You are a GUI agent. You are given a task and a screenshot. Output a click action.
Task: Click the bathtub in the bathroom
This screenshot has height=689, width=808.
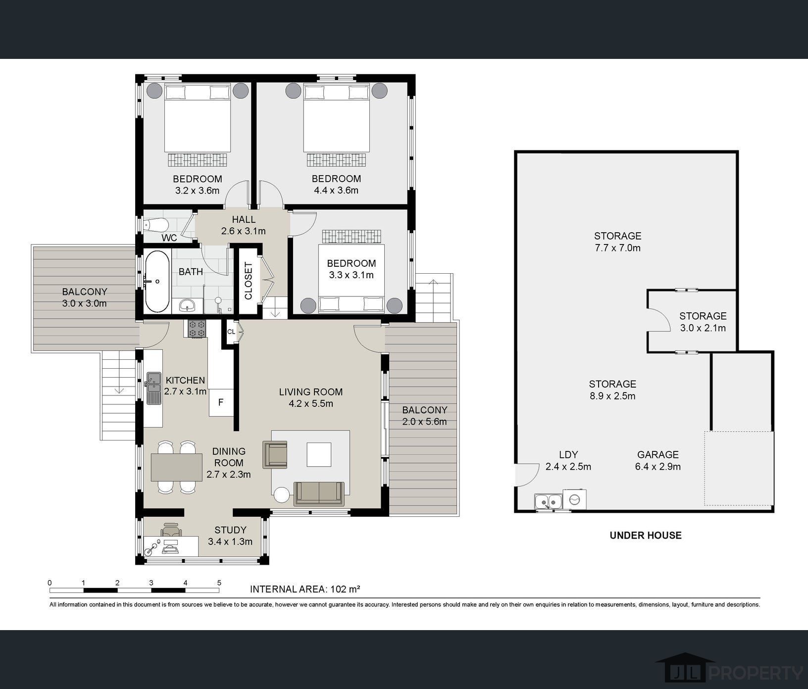(157, 281)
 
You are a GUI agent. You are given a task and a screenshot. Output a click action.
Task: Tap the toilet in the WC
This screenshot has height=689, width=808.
(155, 225)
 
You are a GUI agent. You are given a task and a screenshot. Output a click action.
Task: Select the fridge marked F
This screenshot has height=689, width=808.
(221, 402)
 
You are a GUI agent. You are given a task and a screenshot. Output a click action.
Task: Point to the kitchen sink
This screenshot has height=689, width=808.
(153, 388)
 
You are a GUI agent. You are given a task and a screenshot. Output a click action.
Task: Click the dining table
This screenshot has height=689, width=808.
(177, 467)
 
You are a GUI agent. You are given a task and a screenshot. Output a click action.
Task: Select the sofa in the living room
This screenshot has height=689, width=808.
(319, 493)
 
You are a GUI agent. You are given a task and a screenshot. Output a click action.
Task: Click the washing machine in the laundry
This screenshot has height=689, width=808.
(574, 499)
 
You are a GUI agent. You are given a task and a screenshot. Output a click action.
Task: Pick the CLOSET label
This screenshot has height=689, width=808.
(249, 281)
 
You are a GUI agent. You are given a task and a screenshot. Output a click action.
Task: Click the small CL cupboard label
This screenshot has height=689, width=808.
(231, 332)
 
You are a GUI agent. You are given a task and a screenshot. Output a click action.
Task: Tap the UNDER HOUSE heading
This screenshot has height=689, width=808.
(646, 535)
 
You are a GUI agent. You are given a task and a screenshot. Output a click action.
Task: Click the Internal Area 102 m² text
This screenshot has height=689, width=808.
(305, 589)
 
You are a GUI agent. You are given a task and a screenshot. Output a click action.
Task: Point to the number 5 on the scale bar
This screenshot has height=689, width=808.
(219, 583)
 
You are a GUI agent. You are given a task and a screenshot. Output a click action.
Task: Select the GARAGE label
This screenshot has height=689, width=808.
(658, 454)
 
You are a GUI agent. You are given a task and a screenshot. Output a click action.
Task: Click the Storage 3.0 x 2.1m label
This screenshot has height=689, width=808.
(703, 322)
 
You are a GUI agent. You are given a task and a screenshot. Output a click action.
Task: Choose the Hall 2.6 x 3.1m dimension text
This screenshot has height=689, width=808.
(244, 231)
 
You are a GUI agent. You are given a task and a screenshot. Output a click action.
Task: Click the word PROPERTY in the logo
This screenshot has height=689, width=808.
(756, 673)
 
